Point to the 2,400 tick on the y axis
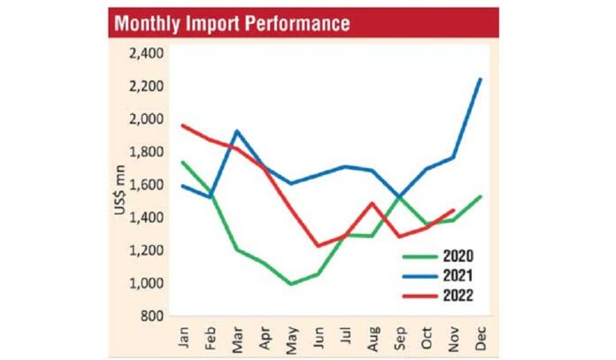click(x=146, y=54)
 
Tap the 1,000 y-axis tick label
click(x=146, y=283)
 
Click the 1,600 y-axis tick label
click(x=146, y=185)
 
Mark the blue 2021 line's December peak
click(x=481, y=79)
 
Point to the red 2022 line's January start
click(x=181, y=126)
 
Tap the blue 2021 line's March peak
click(x=236, y=131)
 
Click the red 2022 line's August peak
click(x=372, y=203)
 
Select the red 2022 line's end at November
click(x=453, y=211)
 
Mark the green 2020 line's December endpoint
click(x=481, y=196)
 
